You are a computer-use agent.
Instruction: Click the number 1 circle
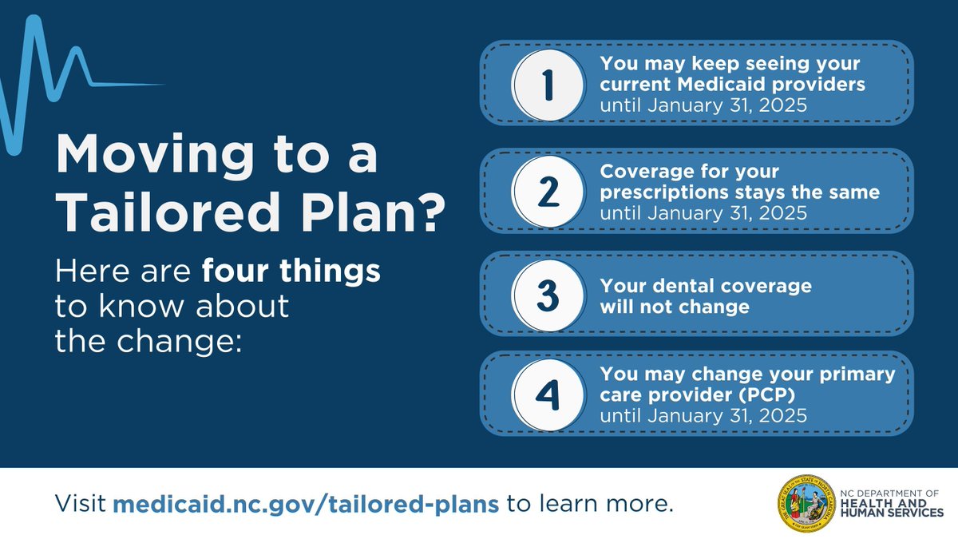click(x=548, y=85)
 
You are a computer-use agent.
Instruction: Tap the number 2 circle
click(x=548, y=192)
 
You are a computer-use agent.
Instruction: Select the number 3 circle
click(x=548, y=295)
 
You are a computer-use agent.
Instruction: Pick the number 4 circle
click(x=548, y=394)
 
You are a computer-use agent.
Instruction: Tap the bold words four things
click(x=291, y=272)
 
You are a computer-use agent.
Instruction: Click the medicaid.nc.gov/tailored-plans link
click(x=307, y=504)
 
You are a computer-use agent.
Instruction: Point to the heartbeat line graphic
click(x=48, y=80)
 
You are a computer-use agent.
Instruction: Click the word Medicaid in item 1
click(x=742, y=85)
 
